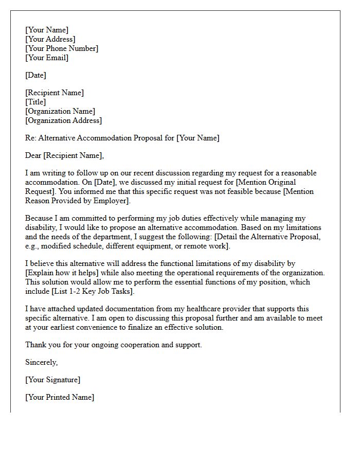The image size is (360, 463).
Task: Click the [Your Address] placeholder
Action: point(50,39)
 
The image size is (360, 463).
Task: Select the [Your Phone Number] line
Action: point(61,48)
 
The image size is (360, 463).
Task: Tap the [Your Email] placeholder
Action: point(47,58)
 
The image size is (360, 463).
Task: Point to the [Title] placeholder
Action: point(35,102)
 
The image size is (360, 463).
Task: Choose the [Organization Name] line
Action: point(60,111)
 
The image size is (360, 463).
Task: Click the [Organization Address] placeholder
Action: point(63,120)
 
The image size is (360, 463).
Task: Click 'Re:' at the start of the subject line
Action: point(30,138)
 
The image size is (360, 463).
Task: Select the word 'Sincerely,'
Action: point(42,362)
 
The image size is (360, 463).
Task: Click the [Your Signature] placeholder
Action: point(52,380)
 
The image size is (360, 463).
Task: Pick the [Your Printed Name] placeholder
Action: point(60,397)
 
